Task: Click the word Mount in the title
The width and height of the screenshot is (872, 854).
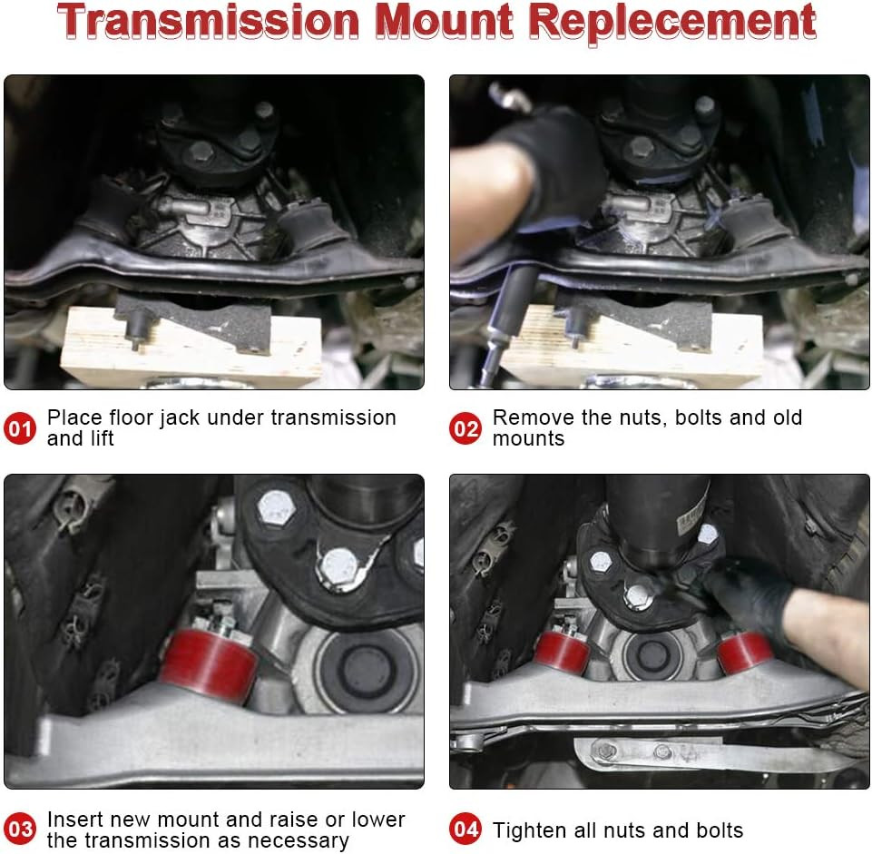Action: click(x=446, y=22)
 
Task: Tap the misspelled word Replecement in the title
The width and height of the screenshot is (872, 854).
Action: click(x=672, y=22)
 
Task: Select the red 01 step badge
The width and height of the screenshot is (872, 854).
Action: click(x=21, y=428)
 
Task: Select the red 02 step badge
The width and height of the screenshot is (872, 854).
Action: click(x=466, y=428)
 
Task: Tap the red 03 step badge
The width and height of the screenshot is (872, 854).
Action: click(x=21, y=829)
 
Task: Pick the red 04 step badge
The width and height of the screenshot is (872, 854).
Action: click(x=466, y=829)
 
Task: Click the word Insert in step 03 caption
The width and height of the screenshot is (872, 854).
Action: click(x=73, y=820)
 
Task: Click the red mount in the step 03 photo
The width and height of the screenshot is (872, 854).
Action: click(x=210, y=665)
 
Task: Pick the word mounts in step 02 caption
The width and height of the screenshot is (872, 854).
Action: click(x=528, y=439)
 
